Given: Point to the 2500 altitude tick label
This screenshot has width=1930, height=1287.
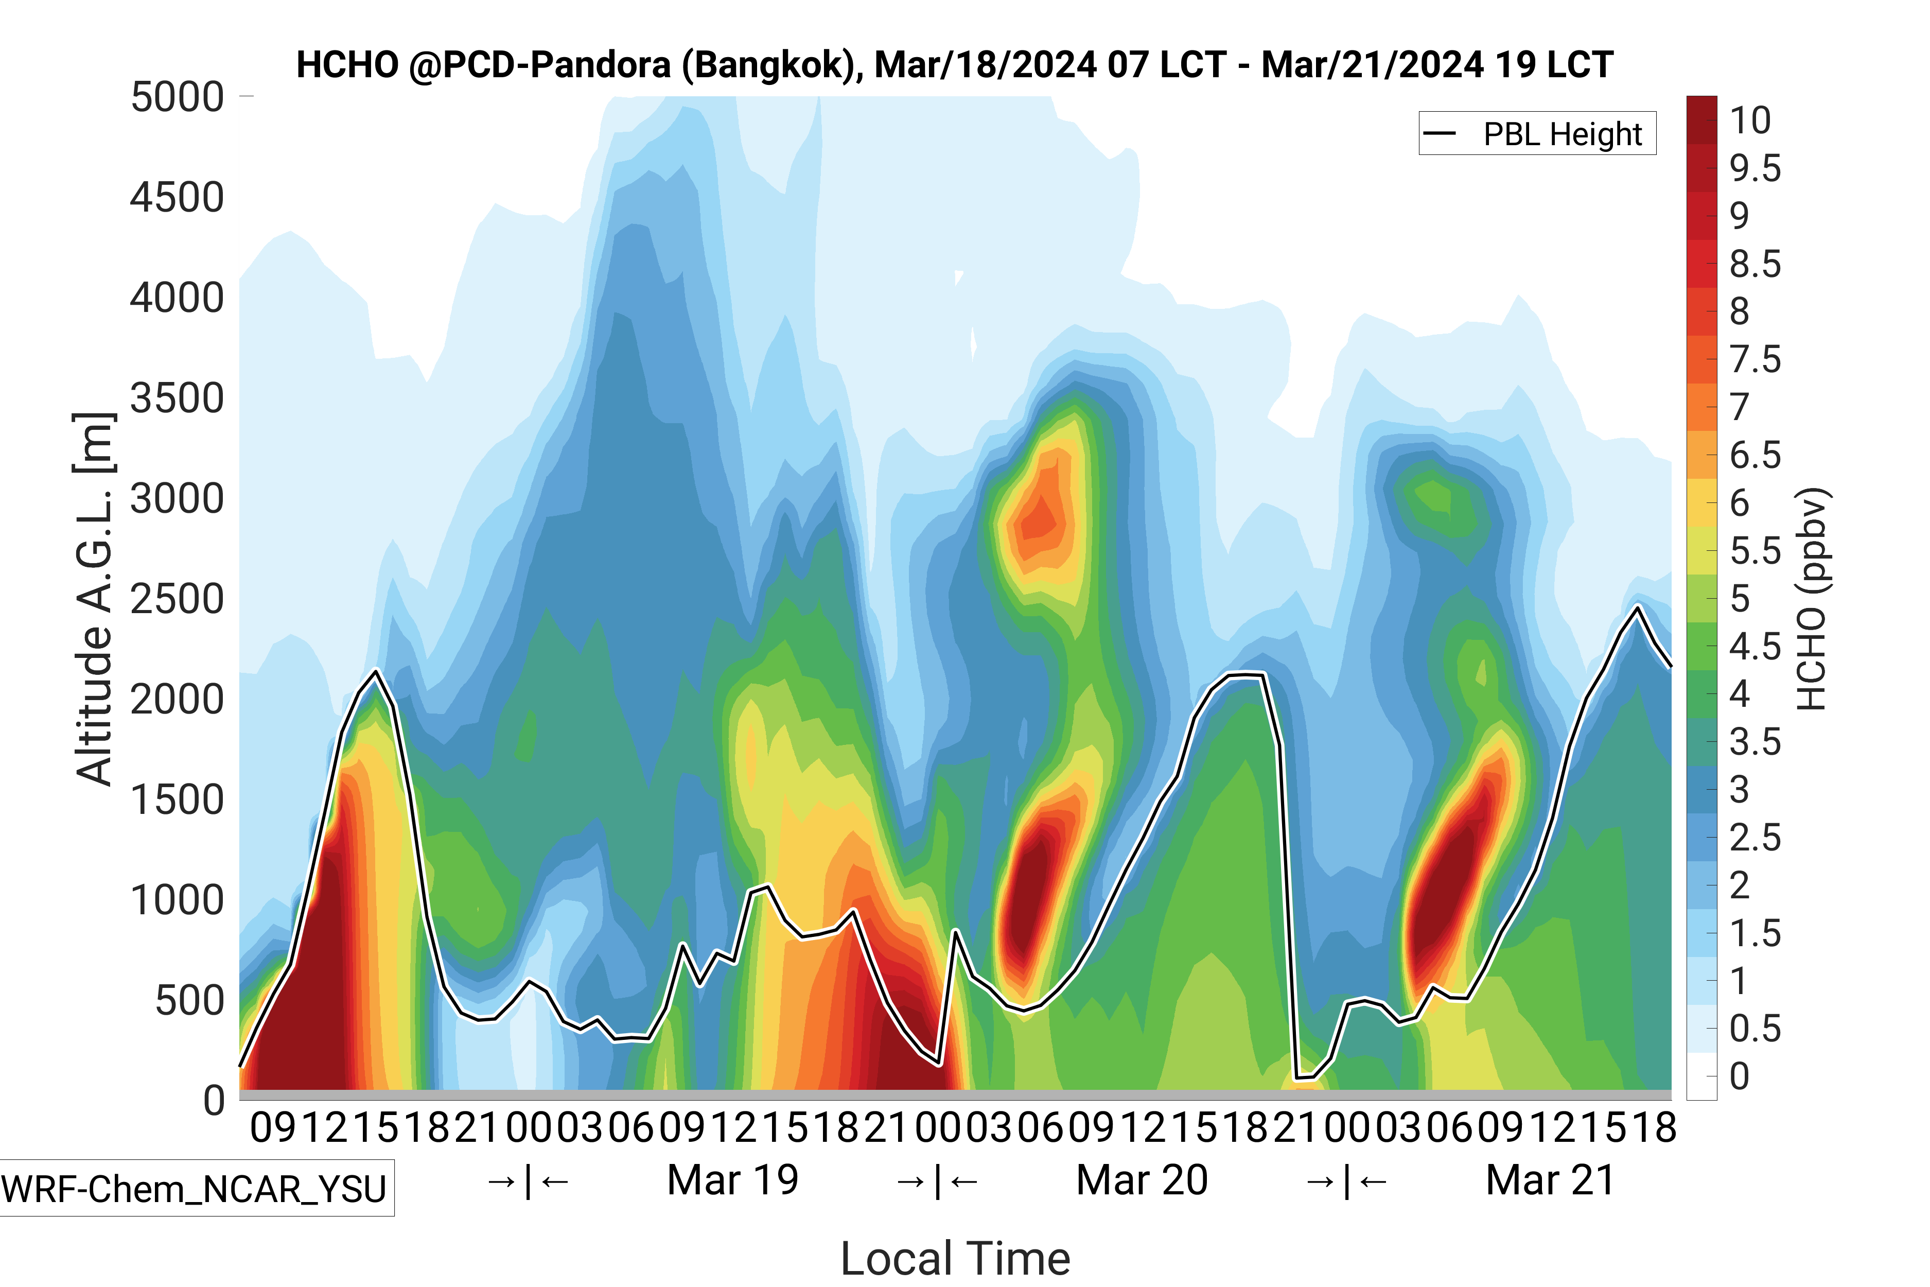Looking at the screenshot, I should pyautogui.click(x=177, y=599).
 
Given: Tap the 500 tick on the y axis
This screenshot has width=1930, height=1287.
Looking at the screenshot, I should pyautogui.click(x=189, y=1001).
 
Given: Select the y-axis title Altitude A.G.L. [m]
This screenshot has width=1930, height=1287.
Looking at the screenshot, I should pyautogui.click(x=94, y=599).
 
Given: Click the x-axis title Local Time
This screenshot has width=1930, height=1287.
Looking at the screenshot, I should pyautogui.click(x=955, y=1258).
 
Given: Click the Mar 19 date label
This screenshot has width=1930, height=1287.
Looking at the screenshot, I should pyautogui.click(x=733, y=1180).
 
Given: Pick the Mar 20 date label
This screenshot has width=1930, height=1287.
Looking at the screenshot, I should pyautogui.click(x=1142, y=1180).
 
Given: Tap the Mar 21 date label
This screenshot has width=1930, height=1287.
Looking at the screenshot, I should pyautogui.click(x=1550, y=1180).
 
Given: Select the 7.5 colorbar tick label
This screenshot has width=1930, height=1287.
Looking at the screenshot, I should pyautogui.click(x=1754, y=359).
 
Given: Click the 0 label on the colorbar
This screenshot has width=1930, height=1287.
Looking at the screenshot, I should pyautogui.click(x=1739, y=1076).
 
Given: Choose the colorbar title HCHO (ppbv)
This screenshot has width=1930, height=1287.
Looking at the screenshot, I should pyautogui.click(x=1812, y=599).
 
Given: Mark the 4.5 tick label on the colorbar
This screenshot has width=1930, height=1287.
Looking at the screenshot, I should pyautogui.click(x=1754, y=647).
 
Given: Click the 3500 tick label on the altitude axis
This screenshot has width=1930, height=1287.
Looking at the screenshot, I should pyautogui.click(x=177, y=399).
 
